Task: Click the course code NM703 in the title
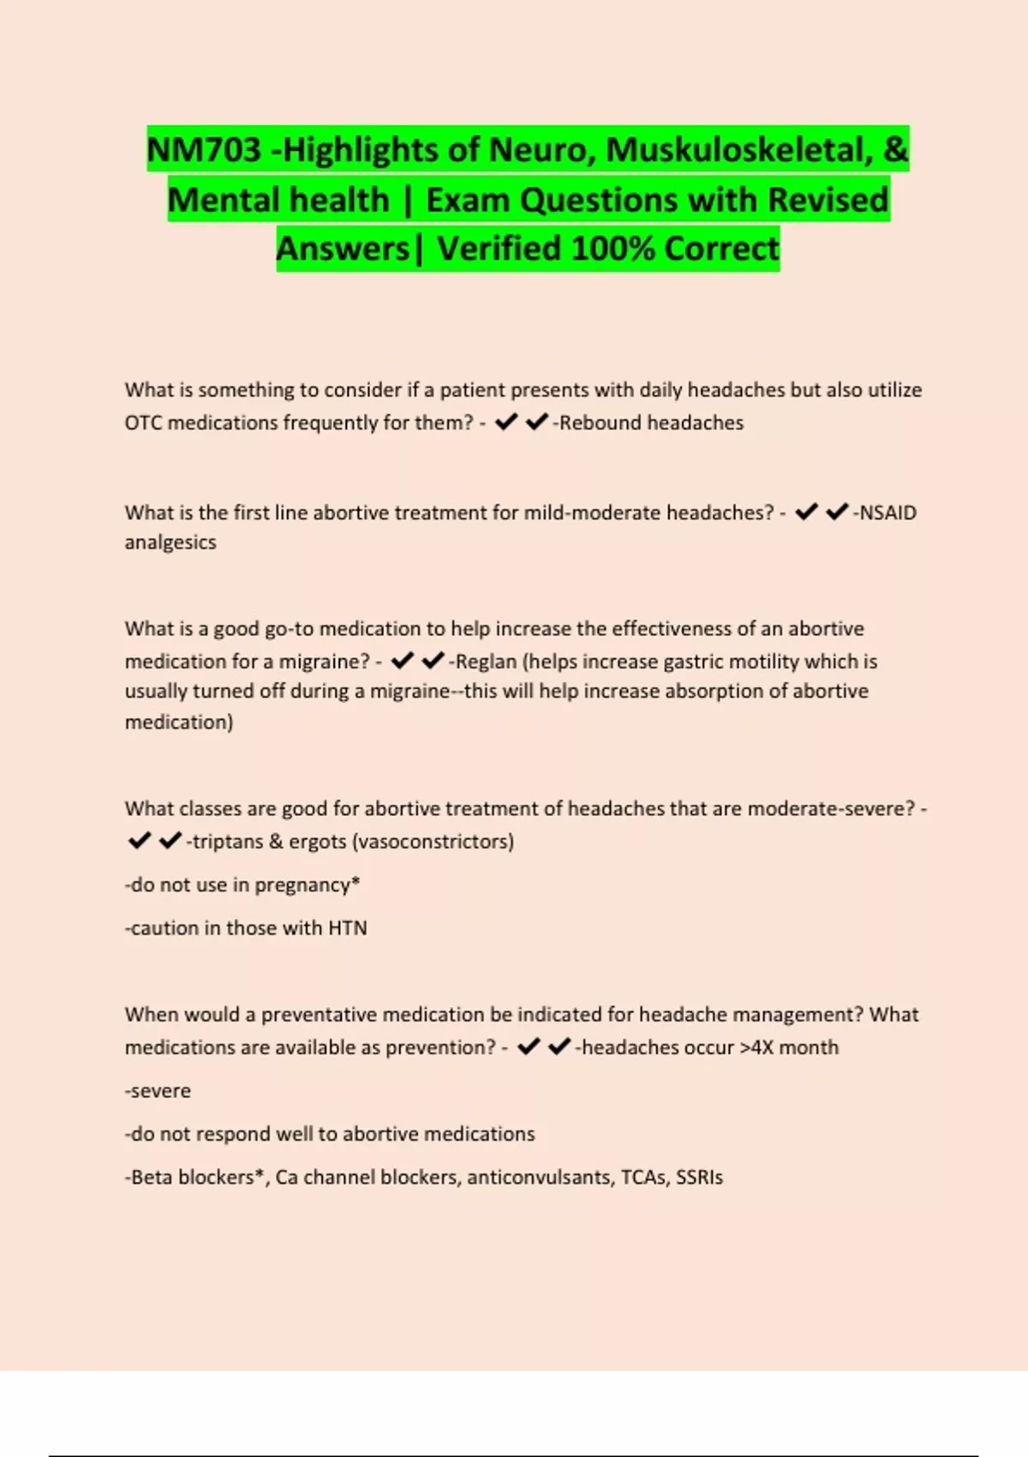204,150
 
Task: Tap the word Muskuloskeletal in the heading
735,150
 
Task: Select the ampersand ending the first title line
895,150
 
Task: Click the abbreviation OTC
142,423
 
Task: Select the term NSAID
888,513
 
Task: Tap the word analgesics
170,543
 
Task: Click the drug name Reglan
487,662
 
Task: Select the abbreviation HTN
348,928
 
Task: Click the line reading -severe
158,1091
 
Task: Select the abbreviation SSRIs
700,1178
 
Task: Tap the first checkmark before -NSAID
806,513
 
